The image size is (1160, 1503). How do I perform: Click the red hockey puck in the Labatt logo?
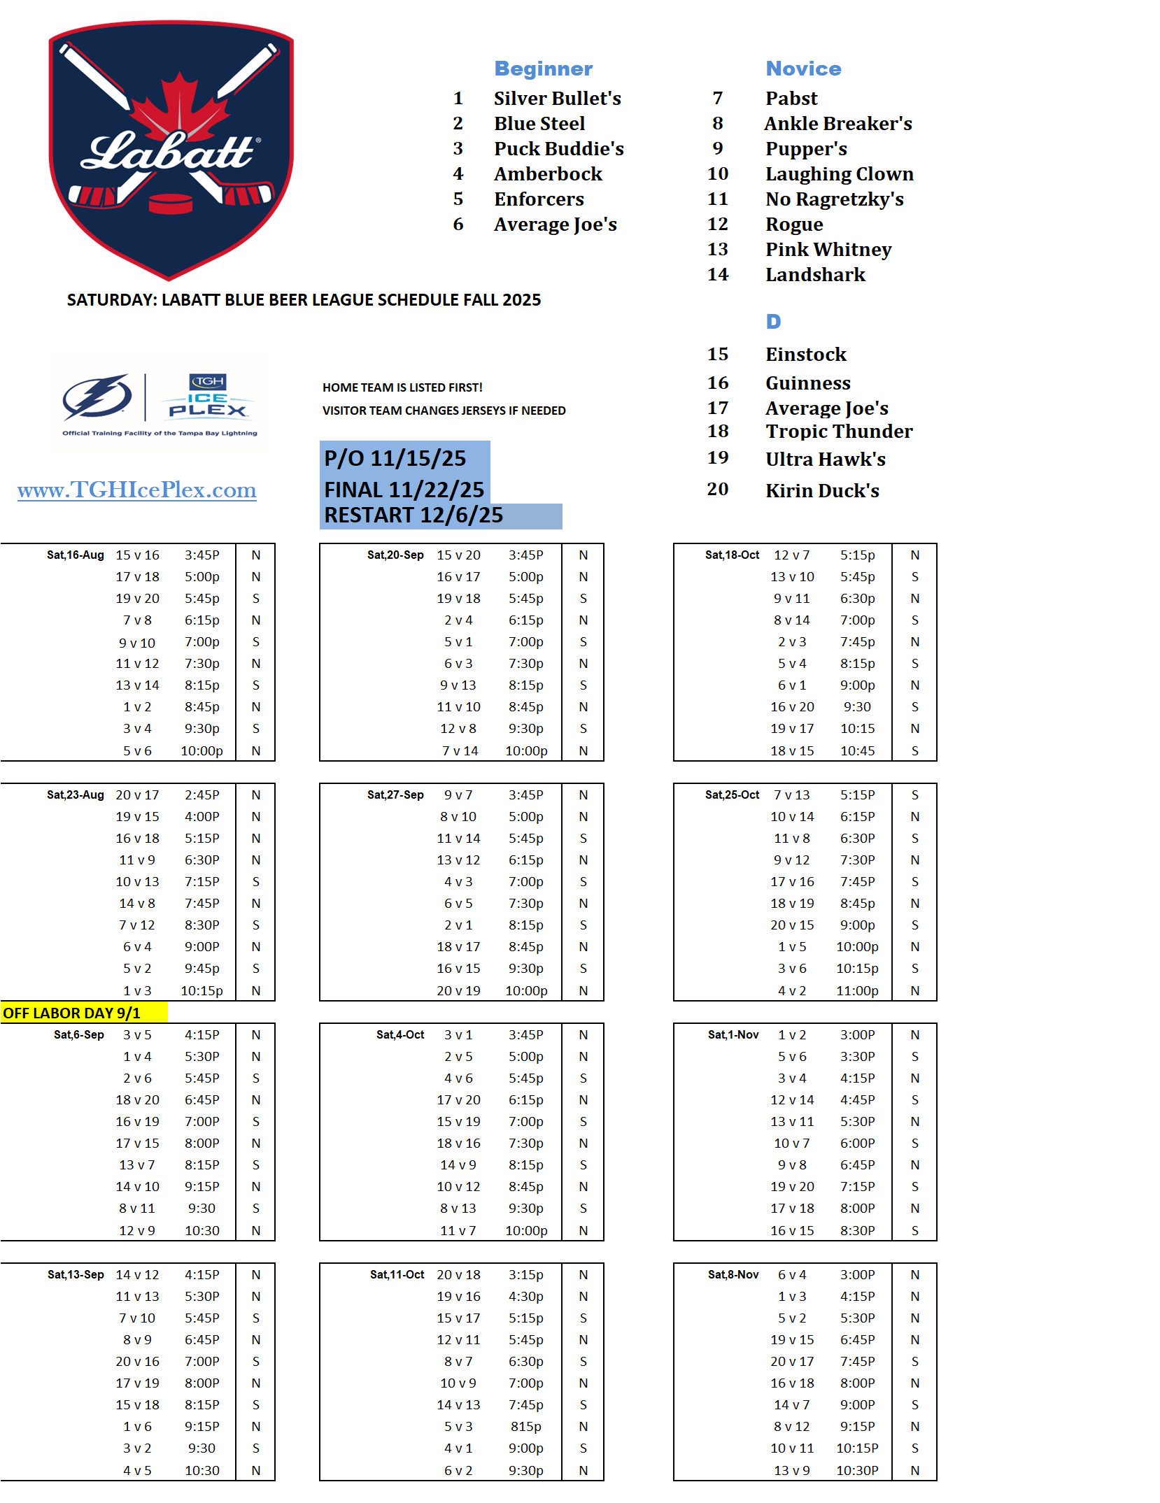click(x=171, y=204)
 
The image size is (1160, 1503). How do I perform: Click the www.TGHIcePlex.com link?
click(x=137, y=490)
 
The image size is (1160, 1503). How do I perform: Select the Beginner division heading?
click(x=543, y=69)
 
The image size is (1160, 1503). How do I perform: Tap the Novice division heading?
click(x=803, y=69)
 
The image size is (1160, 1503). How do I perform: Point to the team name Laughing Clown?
click(x=839, y=174)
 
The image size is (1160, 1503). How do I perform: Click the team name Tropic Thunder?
click(x=838, y=432)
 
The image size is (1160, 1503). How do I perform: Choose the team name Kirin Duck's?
click(x=822, y=491)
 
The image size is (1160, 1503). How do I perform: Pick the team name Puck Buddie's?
click(x=558, y=149)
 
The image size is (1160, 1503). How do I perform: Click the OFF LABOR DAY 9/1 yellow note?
click(x=72, y=1013)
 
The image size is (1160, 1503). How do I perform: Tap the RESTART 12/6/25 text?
click(x=413, y=515)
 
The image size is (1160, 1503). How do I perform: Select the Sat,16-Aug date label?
click(x=76, y=555)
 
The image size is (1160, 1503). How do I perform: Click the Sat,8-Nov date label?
click(x=733, y=1275)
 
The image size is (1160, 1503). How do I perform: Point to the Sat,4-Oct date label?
click(x=400, y=1035)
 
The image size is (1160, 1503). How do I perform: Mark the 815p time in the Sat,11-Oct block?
click(x=525, y=1427)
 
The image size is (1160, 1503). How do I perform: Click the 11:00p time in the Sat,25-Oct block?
click(x=857, y=991)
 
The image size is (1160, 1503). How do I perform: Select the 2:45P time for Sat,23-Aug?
click(x=201, y=795)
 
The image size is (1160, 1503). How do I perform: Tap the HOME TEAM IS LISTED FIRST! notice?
click(x=402, y=387)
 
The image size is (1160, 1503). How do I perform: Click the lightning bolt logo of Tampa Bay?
click(x=98, y=397)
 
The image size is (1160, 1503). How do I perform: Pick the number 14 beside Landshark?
click(x=717, y=275)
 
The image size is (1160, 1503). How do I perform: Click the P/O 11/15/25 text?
click(x=395, y=459)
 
